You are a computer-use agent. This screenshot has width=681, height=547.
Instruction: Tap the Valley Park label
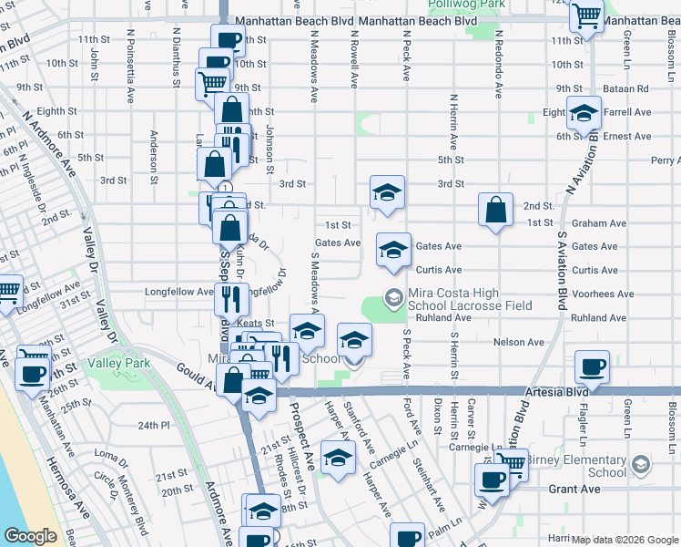coord(118,363)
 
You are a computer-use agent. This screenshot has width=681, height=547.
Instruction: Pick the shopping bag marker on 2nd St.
coord(494,210)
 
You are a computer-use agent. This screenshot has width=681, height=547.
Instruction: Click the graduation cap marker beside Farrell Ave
coord(584,114)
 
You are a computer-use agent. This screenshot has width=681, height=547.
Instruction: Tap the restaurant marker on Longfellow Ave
coord(230,297)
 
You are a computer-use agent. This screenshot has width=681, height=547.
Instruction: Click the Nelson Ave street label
coord(518,342)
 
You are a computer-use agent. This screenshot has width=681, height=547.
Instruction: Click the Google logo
coord(30,536)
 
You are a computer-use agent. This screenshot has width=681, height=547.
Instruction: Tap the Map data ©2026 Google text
coord(625,540)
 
